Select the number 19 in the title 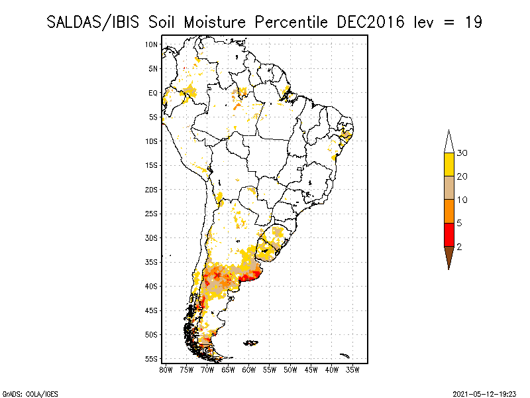[472, 22]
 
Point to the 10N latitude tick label [151, 44]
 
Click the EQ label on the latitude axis [153, 93]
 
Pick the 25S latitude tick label [151, 214]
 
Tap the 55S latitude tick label [151, 359]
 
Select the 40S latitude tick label [151, 287]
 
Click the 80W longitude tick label [166, 369]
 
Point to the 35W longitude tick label [352, 369]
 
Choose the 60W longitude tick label [249, 369]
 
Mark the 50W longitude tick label [290, 369]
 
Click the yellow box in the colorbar [449, 164]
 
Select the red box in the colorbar [449, 234]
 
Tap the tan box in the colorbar [449, 188]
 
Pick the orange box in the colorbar [449, 211]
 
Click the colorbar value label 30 [462, 153]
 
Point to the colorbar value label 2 [459, 246]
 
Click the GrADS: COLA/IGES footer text [24, 393]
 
